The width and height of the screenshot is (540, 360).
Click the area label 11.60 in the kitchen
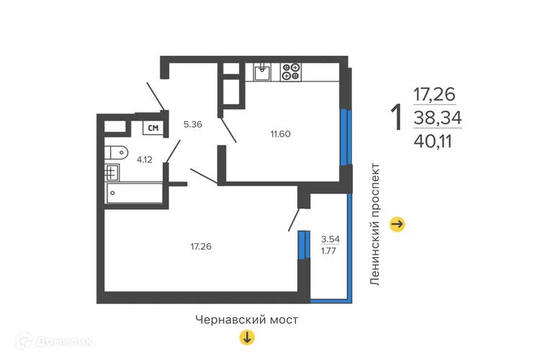(279, 134)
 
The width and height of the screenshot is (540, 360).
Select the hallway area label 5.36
(192, 124)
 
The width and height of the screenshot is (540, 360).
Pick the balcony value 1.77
(328, 251)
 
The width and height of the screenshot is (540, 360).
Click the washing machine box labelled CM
(153, 128)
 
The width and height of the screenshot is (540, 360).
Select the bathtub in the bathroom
(134, 193)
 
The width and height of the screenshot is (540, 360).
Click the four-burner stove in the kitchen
(291, 71)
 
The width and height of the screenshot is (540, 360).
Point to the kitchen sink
(262, 71)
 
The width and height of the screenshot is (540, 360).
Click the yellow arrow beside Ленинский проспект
(397, 225)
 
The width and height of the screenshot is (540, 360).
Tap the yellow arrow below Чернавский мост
(246, 337)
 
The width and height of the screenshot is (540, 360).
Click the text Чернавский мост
(246, 318)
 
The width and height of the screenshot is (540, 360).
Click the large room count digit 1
(395, 118)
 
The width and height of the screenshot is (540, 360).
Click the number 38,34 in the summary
(437, 117)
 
